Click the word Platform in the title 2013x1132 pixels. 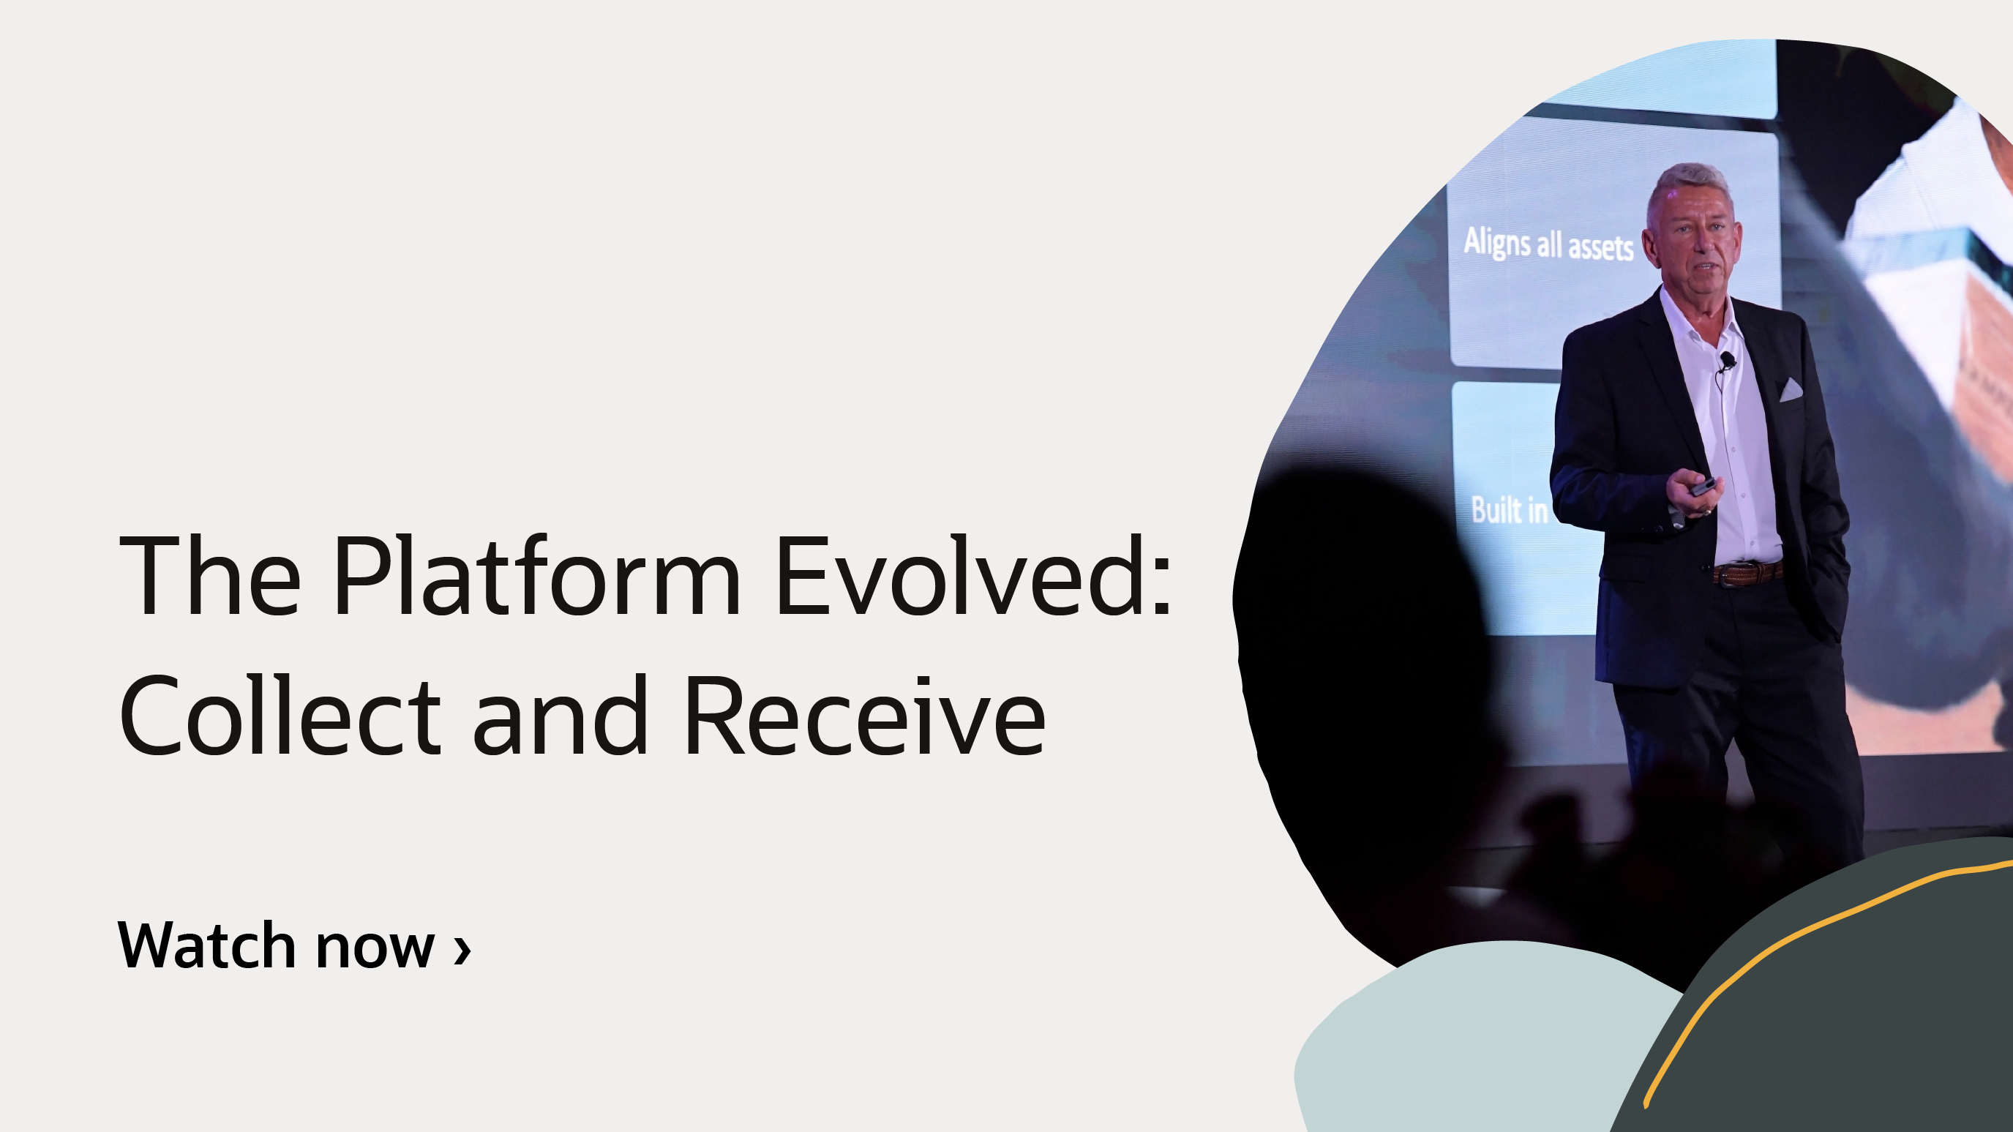tap(536, 577)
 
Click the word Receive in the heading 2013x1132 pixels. tap(864, 716)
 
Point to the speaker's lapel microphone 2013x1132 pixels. tap(1727, 359)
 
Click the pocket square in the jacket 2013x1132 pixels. tap(1791, 389)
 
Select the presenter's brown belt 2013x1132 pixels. tap(1748, 574)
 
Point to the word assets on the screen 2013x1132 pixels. tap(1600, 247)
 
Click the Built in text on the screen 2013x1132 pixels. tap(1509, 510)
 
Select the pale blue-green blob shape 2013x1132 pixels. tap(1469, 1039)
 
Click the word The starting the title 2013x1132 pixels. tap(209, 577)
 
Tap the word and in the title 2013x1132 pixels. tap(560, 716)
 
